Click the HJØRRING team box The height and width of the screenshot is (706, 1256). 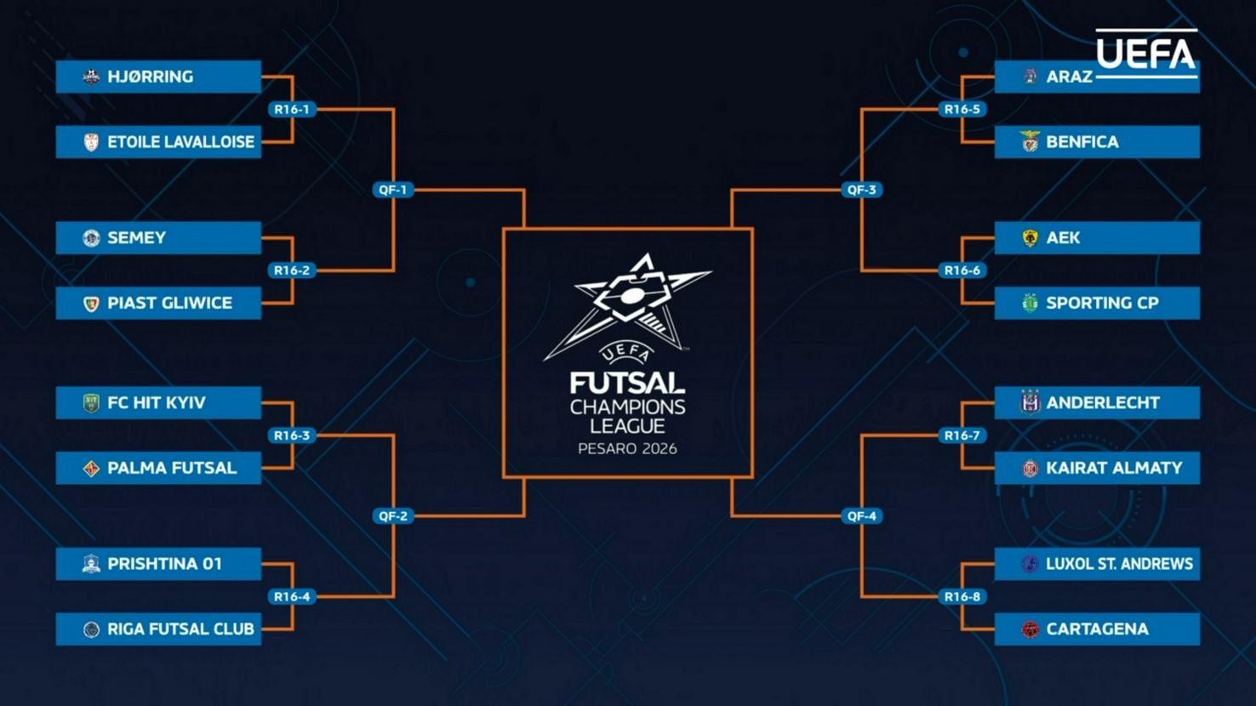[x=158, y=77]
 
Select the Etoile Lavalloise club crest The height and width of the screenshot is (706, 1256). [x=91, y=142]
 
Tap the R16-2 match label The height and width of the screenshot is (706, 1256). [x=291, y=270]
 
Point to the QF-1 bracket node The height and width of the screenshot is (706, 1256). [x=392, y=190]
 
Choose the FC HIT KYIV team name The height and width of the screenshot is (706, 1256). [x=157, y=403]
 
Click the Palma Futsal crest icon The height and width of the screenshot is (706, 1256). [x=91, y=469]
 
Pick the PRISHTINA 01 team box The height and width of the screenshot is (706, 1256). [x=158, y=564]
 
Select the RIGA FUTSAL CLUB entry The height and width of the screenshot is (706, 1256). [x=158, y=629]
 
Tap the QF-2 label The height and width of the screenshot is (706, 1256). [x=392, y=516]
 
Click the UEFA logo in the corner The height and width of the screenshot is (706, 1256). [x=1145, y=54]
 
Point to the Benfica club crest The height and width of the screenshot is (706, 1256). [x=1030, y=142]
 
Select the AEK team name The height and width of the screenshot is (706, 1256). [x=1063, y=238]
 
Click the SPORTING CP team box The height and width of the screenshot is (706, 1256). [x=1097, y=304]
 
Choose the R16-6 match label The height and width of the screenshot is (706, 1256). [x=962, y=270]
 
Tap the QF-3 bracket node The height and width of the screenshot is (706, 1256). [x=861, y=190]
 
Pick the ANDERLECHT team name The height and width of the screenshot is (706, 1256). [x=1103, y=403]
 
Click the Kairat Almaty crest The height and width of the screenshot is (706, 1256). [x=1030, y=469]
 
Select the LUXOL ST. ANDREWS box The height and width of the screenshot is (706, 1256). [x=1097, y=564]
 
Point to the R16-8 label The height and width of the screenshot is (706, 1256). [x=962, y=597]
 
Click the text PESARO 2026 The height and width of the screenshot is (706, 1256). [x=627, y=449]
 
